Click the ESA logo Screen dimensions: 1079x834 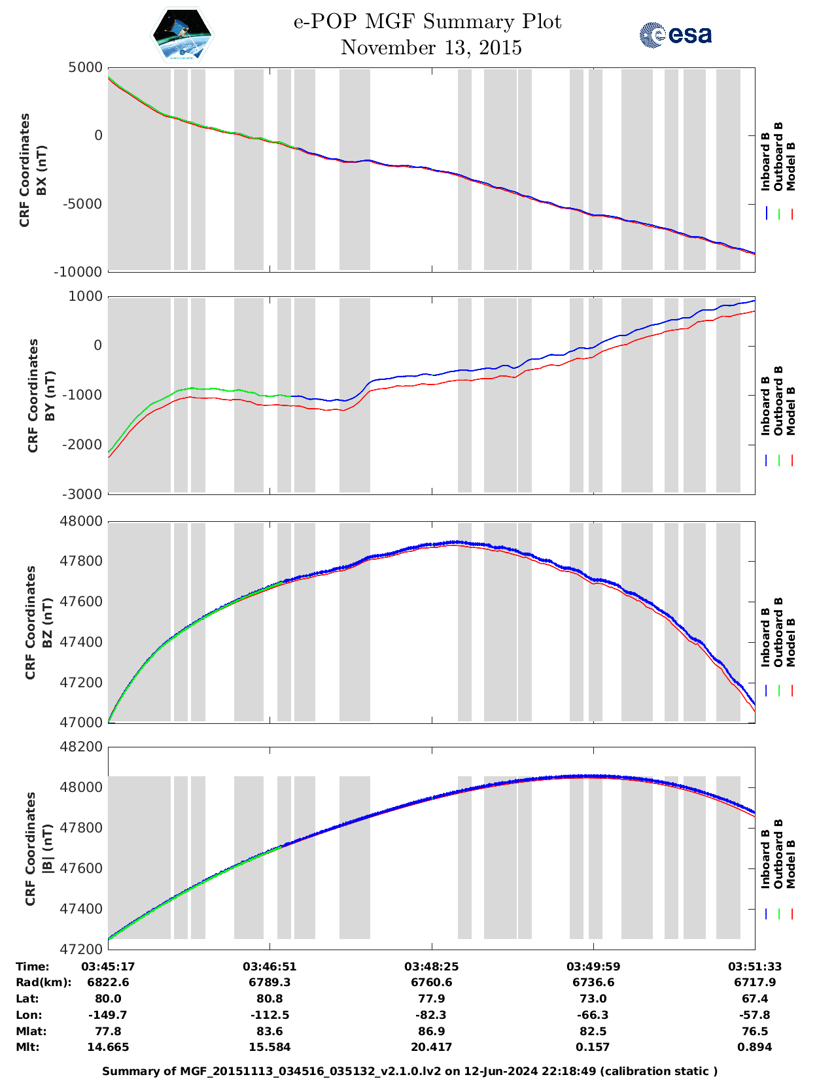pyautogui.click(x=675, y=35)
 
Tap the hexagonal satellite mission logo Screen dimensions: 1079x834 pyautogui.click(x=182, y=34)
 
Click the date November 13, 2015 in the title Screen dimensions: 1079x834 pyautogui.click(x=431, y=48)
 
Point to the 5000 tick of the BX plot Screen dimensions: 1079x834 pyautogui.click(x=86, y=67)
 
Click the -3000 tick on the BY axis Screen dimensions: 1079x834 pyautogui.click(x=83, y=494)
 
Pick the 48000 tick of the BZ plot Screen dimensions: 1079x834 pyautogui.click(x=81, y=521)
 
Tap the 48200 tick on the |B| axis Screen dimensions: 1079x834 pyautogui.click(x=81, y=747)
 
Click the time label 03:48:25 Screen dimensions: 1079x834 pyautogui.click(x=431, y=967)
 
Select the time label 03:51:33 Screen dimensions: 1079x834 pyautogui.click(x=755, y=967)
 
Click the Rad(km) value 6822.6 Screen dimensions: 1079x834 pyautogui.click(x=108, y=982)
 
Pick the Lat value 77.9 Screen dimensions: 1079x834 pyautogui.click(x=431, y=999)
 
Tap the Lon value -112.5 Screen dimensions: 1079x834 pyautogui.click(x=269, y=1015)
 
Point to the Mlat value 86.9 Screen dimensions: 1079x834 pyautogui.click(x=431, y=1031)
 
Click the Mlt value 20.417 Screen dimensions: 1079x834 pyautogui.click(x=431, y=1047)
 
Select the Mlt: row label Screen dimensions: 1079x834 pyautogui.click(x=27, y=1047)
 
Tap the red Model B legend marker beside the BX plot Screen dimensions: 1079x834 pyautogui.click(x=791, y=214)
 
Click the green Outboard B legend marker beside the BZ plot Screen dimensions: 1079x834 pyautogui.click(x=779, y=691)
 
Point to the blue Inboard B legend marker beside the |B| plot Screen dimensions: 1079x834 pyautogui.click(x=766, y=914)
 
